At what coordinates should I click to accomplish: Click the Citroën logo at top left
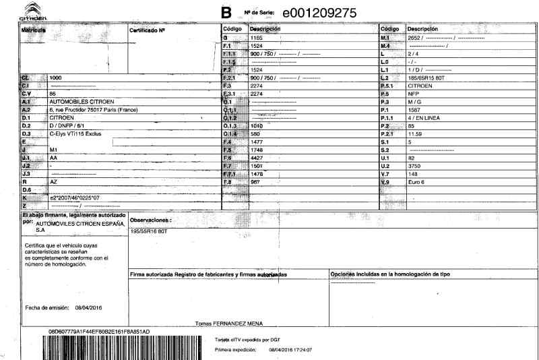[14, 10]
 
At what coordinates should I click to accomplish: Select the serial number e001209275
[319, 12]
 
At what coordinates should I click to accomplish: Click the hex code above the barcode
[99, 332]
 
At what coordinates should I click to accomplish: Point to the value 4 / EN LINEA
[427, 117]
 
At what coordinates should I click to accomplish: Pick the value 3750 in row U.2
[416, 164]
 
